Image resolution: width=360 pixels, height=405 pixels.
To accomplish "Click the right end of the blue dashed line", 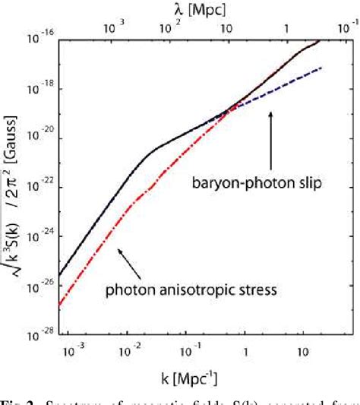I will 323,68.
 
